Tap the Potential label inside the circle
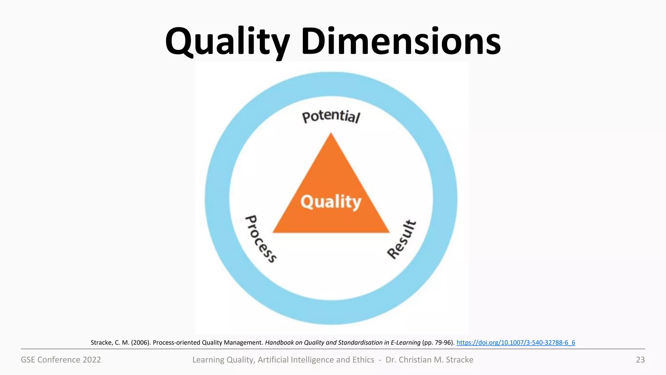[x=331, y=117]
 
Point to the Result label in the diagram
[x=402, y=240]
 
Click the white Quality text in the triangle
[x=331, y=202]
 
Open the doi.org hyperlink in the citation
[x=516, y=342]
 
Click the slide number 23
[x=640, y=360]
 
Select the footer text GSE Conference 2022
[x=61, y=360]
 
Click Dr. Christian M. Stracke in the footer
[x=429, y=360]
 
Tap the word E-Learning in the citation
[x=406, y=342]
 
